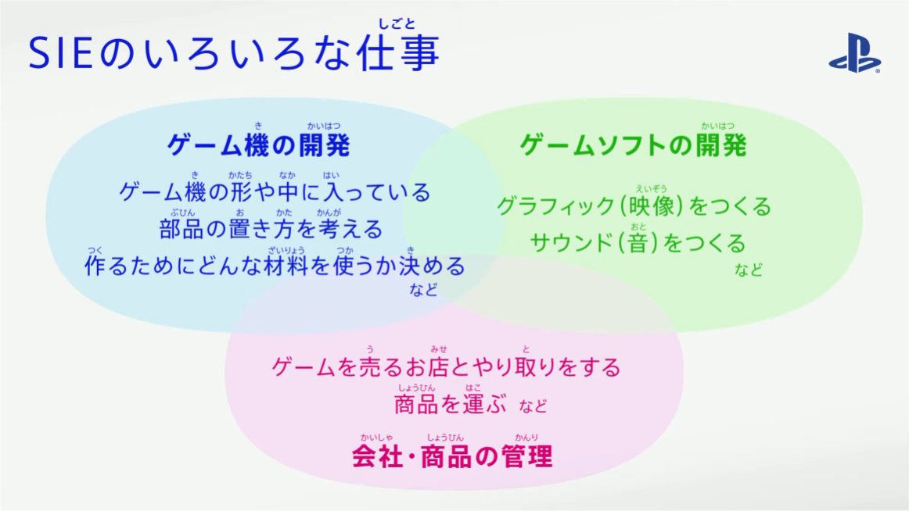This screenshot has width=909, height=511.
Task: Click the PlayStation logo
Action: pyautogui.click(x=854, y=53)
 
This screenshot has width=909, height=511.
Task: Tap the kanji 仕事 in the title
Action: pyautogui.click(x=397, y=53)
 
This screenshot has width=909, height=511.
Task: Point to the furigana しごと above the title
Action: pyautogui.click(x=397, y=23)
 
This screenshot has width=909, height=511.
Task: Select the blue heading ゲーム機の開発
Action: pyautogui.click(x=259, y=145)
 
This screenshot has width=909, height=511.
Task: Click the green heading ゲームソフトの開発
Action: pyautogui.click(x=633, y=145)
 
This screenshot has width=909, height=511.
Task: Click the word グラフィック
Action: pyautogui.click(x=555, y=206)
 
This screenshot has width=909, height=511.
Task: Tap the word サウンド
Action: pyautogui.click(x=571, y=243)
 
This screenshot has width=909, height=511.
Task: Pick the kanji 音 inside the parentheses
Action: pyautogui.click(x=638, y=243)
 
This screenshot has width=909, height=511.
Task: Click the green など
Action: pyautogui.click(x=749, y=270)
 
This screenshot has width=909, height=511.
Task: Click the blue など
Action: pyautogui.click(x=424, y=289)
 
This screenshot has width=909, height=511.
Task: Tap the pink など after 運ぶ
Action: pyautogui.click(x=533, y=406)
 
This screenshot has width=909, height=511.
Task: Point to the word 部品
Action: pyautogui.click(x=181, y=229)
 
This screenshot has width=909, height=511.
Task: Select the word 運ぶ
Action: pyautogui.click(x=484, y=404)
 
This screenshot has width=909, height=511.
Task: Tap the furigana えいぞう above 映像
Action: pyautogui.click(x=651, y=188)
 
